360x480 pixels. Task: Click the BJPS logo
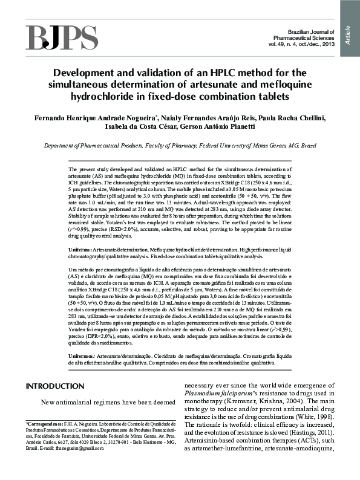pyautogui.click(x=61, y=38)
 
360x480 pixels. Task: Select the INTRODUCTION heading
pyautogui.click(x=55, y=386)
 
